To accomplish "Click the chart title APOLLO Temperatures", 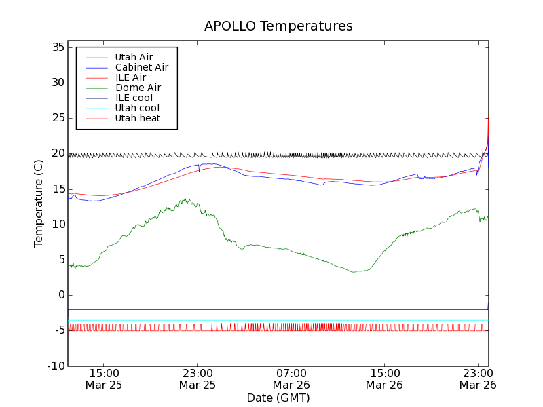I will (278, 26).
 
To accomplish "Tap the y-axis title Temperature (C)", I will (39, 203).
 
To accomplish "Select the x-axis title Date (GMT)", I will (278, 398).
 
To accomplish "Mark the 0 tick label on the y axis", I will (61, 295).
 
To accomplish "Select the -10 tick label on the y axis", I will (55, 366).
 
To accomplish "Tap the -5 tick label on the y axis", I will (58, 330).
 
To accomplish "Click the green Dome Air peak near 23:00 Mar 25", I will (185, 199).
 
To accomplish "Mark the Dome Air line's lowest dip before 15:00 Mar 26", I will (355, 272).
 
